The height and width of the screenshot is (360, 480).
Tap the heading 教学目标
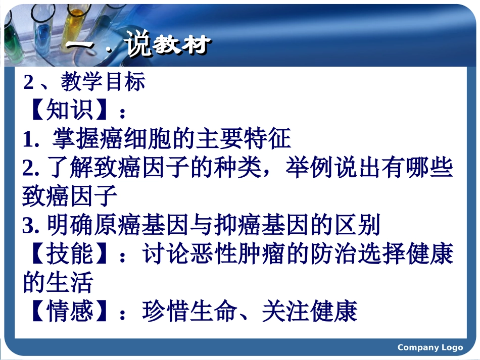point(103,82)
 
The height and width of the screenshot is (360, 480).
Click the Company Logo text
point(430,347)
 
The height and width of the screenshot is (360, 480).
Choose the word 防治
point(315,254)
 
